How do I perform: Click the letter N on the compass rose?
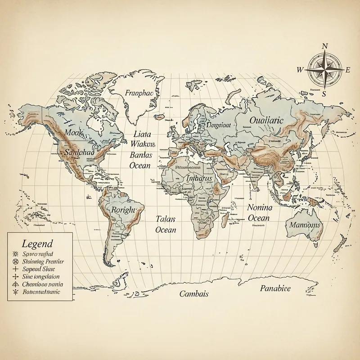point(324,46)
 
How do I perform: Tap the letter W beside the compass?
point(301,70)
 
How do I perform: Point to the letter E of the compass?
point(347,70)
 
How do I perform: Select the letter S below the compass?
point(324,94)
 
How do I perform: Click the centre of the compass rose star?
point(324,70)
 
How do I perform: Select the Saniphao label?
point(79,152)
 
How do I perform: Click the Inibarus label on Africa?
point(198,179)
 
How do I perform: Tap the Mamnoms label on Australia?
point(305,225)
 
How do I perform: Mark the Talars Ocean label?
point(165,224)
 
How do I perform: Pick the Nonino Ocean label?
point(260,213)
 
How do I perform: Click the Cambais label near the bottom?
point(193,294)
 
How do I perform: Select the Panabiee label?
point(275,288)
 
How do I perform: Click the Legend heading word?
point(37,244)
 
